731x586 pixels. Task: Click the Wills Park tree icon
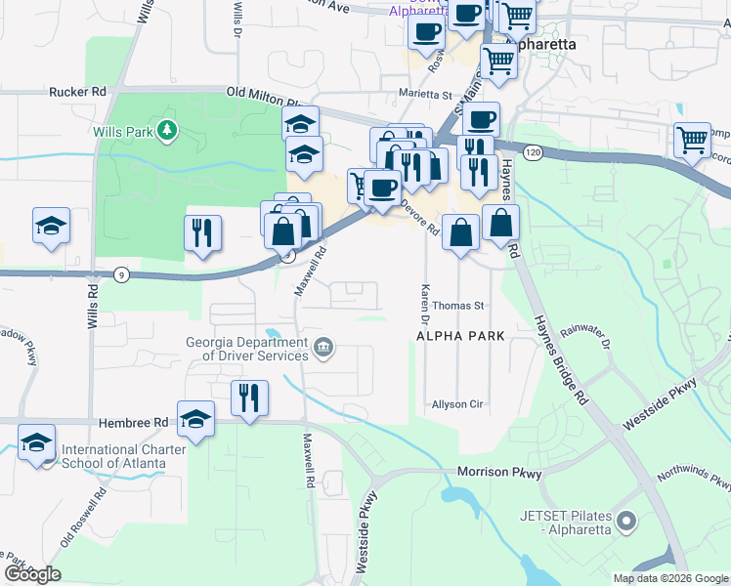click(x=168, y=130)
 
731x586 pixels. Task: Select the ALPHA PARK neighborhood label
click(x=459, y=336)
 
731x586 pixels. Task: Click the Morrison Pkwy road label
click(x=498, y=473)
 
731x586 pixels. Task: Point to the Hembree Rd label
click(x=133, y=423)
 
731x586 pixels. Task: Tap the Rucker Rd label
click(x=77, y=92)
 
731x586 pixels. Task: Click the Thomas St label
click(x=458, y=306)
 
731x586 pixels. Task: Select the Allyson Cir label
click(x=458, y=404)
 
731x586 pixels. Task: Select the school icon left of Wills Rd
click(x=51, y=225)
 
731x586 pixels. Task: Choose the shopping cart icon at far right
click(x=692, y=139)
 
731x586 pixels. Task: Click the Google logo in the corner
click(x=31, y=574)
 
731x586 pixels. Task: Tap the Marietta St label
click(x=425, y=97)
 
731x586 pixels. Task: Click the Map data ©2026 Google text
click(x=669, y=578)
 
